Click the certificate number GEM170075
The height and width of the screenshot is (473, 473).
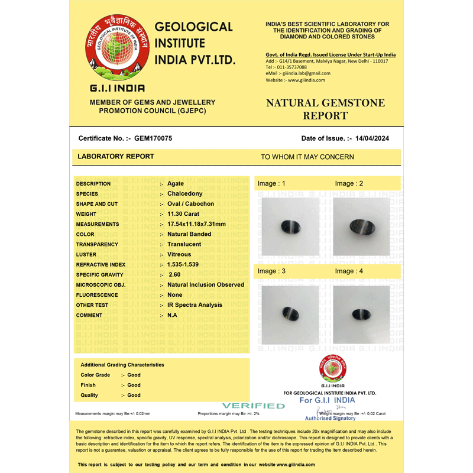153,138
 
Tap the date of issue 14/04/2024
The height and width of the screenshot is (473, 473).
372,138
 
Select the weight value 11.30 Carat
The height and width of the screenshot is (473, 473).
183,214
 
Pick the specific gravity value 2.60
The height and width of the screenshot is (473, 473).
174,274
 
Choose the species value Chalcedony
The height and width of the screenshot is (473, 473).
184,194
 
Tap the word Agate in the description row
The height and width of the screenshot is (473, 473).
176,184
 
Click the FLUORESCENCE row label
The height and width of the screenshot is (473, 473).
97,295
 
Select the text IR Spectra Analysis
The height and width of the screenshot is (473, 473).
195,305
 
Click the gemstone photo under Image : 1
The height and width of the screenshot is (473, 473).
290,227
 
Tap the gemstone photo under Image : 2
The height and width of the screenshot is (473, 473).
361,227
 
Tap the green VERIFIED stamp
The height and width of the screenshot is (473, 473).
253,406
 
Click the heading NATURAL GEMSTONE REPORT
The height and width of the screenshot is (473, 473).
325,109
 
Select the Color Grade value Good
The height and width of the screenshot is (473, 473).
134,375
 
